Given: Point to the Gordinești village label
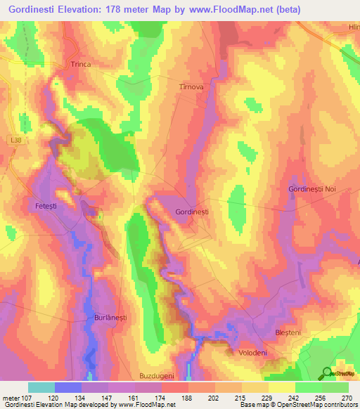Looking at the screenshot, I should pos(192,211).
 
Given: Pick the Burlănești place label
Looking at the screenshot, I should pos(110,318).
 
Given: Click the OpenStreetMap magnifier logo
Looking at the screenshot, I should pos(328,373).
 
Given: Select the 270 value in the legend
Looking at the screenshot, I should pos(347,397).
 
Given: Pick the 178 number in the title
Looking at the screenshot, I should pos(129,8).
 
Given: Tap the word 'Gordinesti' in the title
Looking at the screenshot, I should pos(36,8).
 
